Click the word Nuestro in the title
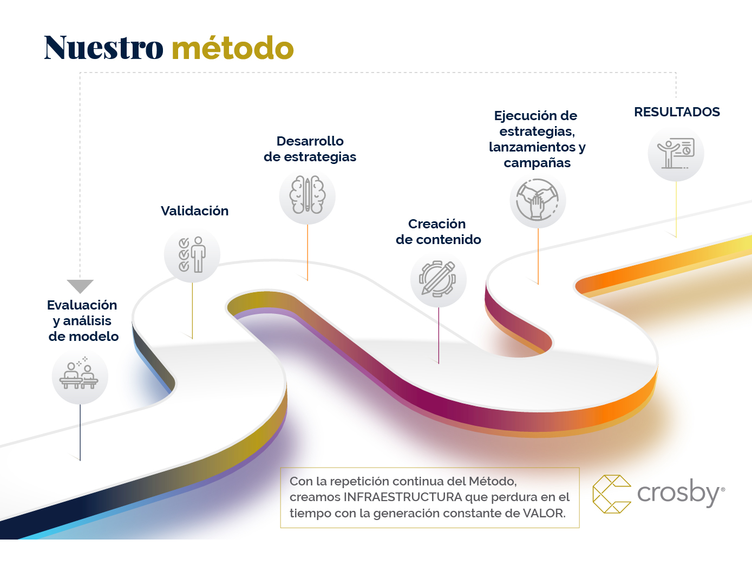[x=103, y=48]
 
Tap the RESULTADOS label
[x=677, y=112]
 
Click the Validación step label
[x=194, y=211]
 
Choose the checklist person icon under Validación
[x=192, y=255]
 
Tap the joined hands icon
[x=537, y=200]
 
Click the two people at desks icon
[x=79, y=374]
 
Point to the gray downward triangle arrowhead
[x=80, y=286]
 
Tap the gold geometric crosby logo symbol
[x=612, y=494]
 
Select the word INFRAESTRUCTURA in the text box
[x=403, y=497]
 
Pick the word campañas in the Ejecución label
[x=537, y=163]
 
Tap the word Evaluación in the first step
[x=82, y=305]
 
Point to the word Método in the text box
[x=493, y=481]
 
